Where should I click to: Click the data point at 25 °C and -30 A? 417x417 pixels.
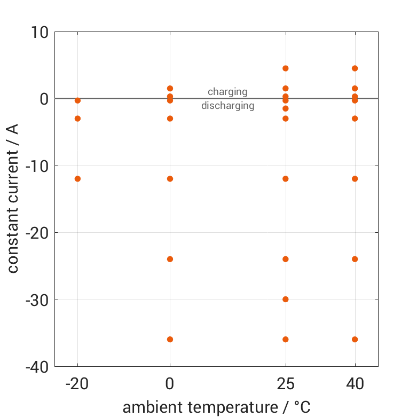pyautogui.click(x=286, y=299)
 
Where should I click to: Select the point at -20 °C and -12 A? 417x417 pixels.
pyautogui.click(x=77, y=179)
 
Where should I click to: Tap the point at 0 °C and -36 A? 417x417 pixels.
pyautogui.click(x=170, y=340)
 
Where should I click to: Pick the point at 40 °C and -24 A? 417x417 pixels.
pyautogui.click(x=355, y=259)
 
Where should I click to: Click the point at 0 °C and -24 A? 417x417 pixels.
pyautogui.click(x=170, y=259)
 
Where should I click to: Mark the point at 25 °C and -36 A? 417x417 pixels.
pyautogui.click(x=286, y=340)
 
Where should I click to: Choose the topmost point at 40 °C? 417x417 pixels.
pyautogui.click(x=355, y=68)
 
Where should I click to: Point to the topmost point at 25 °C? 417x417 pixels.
pyautogui.click(x=286, y=68)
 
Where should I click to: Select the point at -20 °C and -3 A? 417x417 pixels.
pyautogui.click(x=77, y=119)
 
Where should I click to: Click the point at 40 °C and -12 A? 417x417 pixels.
pyautogui.click(x=355, y=179)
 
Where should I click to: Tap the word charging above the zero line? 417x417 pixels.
pyautogui.click(x=227, y=92)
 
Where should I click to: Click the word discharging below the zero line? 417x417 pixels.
pyautogui.click(x=227, y=106)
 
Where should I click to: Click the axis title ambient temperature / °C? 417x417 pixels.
pyautogui.click(x=216, y=407)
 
